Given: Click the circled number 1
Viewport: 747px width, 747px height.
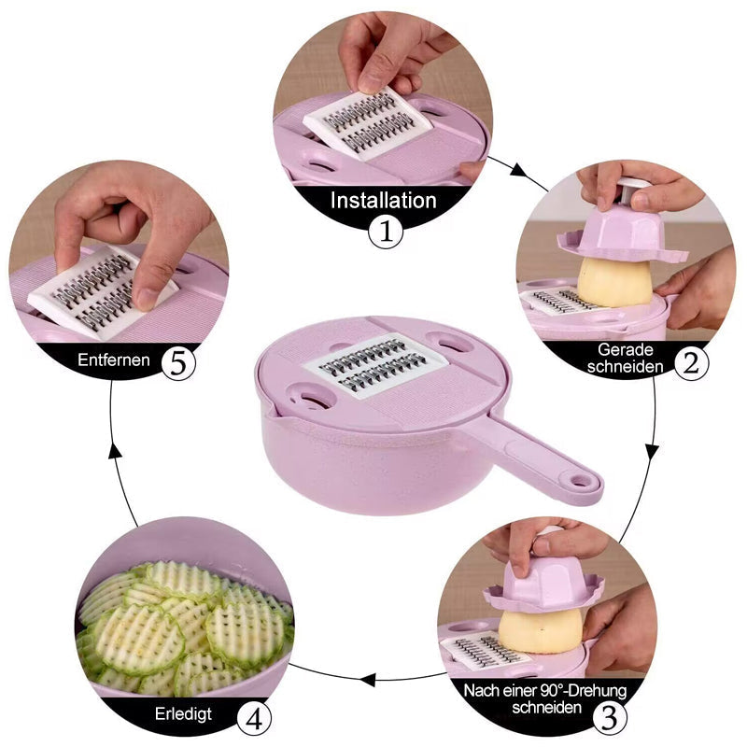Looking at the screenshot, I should [385, 232].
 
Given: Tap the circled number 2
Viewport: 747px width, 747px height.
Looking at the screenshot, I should [690, 362].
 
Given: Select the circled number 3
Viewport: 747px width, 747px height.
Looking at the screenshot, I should [608, 718].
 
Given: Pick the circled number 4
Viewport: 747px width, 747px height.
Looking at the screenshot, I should [254, 718].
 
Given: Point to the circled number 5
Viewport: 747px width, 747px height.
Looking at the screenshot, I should [178, 362].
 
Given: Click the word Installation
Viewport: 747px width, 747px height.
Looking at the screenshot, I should [383, 200].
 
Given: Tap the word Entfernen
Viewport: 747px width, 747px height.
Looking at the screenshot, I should [115, 360].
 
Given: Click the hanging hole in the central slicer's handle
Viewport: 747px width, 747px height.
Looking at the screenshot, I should [582, 482].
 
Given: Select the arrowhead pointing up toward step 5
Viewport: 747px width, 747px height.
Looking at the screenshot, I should [114, 450].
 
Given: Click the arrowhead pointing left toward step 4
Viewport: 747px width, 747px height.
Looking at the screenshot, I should [371, 679].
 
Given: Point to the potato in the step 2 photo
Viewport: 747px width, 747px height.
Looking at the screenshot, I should [613, 281].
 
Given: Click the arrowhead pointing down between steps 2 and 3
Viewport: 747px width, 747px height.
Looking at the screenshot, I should [652, 451].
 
